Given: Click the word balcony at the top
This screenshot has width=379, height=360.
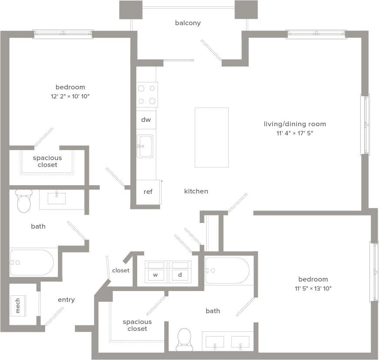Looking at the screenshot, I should click(x=188, y=23).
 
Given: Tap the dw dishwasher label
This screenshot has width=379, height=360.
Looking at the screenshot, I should click(x=146, y=120).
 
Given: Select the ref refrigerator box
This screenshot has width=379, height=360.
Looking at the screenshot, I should click(x=148, y=191).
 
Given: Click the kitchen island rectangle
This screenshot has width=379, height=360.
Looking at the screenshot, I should click(x=211, y=137).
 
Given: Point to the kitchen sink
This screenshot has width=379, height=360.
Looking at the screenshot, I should click(x=145, y=146).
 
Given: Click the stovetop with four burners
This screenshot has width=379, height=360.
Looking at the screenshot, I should click(x=147, y=95).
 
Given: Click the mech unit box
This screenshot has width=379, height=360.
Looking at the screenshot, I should click(x=18, y=305).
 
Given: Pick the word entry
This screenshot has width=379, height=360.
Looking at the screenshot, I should click(x=66, y=300).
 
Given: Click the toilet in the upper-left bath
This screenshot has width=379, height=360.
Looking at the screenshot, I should click(x=23, y=201).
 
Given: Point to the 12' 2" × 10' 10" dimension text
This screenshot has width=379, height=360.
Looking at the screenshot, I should click(x=70, y=96).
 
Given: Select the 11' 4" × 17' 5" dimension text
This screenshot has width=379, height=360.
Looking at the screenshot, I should click(x=294, y=133).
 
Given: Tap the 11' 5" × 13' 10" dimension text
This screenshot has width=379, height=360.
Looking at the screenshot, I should click(x=313, y=288).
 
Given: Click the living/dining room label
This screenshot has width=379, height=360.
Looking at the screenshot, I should click(x=294, y=124).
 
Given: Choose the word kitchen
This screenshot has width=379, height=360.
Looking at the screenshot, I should click(x=196, y=191).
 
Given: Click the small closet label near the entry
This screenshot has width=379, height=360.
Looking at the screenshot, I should click(x=121, y=270).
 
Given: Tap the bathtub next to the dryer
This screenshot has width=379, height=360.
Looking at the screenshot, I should click(x=227, y=271).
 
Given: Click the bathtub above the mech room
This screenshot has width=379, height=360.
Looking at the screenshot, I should click(x=31, y=262).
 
